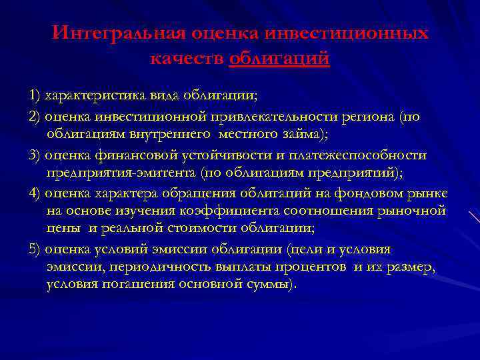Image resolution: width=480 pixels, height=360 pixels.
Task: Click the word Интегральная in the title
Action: [x=119, y=34]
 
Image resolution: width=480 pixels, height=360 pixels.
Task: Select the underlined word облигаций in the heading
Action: [x=279, y=59]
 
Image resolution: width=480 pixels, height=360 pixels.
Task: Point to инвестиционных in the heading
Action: [x=346, y=34]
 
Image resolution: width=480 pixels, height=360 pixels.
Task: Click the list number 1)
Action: [x=35, y=93]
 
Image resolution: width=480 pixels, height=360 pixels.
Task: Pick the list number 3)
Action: [x=35, y=155]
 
